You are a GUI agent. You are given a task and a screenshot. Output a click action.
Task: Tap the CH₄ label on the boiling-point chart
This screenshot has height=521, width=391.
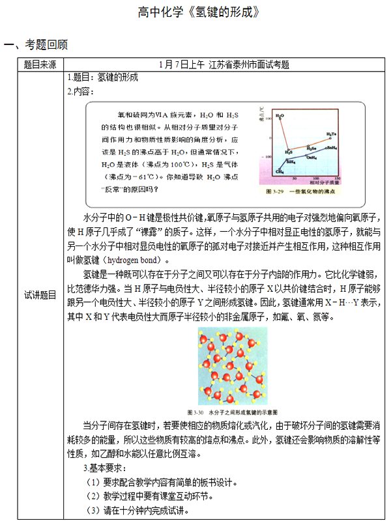pyautogui.click(x=279, y=171)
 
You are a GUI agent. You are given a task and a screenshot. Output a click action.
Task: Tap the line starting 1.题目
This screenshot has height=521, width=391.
pyautogui.click(x=104, y=77)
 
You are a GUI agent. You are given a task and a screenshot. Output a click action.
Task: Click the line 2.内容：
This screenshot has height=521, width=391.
pyautogui.click(x=81, y=91)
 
